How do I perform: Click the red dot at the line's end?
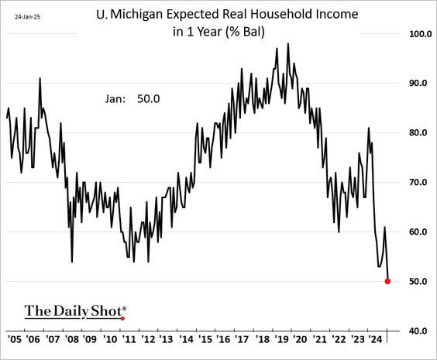(x=387, y=281)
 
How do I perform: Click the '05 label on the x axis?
(x=15, y=338)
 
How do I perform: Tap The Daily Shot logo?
(x=74, y=311)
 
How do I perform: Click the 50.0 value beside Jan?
(x=160, y=98)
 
